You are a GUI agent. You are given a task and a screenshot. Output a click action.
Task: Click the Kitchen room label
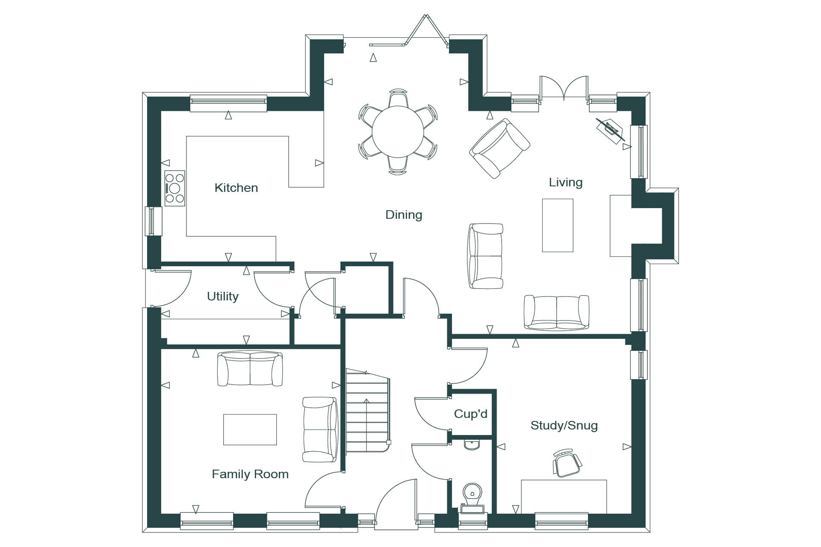click(236, 188)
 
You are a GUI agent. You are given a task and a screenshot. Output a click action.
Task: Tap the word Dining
click(404, 215)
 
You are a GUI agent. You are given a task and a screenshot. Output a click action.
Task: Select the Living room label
click(565, 183)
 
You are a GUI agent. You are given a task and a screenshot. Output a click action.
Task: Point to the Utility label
click(222, 297)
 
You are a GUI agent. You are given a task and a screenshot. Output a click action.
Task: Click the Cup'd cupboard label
click(470, 414)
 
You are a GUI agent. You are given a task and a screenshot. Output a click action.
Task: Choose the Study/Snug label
click(564, 426)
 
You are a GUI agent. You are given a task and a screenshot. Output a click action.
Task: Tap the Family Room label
click(250, 474)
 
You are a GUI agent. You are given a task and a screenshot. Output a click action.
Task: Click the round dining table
click(398, 132)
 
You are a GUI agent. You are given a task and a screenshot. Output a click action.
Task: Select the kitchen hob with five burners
click(175, 188)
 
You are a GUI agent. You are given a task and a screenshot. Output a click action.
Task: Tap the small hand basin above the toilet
click(473, 444)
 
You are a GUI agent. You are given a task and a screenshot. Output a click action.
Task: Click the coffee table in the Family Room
click(250, 429)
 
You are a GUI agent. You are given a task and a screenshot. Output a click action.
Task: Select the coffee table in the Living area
click(558, 225)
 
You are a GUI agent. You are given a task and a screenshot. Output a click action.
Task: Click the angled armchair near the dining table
click(499, 148)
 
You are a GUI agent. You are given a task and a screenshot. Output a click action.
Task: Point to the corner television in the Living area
click(611, 130)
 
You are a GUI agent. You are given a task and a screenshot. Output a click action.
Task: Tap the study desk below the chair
click(564, 497)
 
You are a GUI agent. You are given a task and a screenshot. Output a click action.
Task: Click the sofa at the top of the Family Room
click(250, 368)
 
